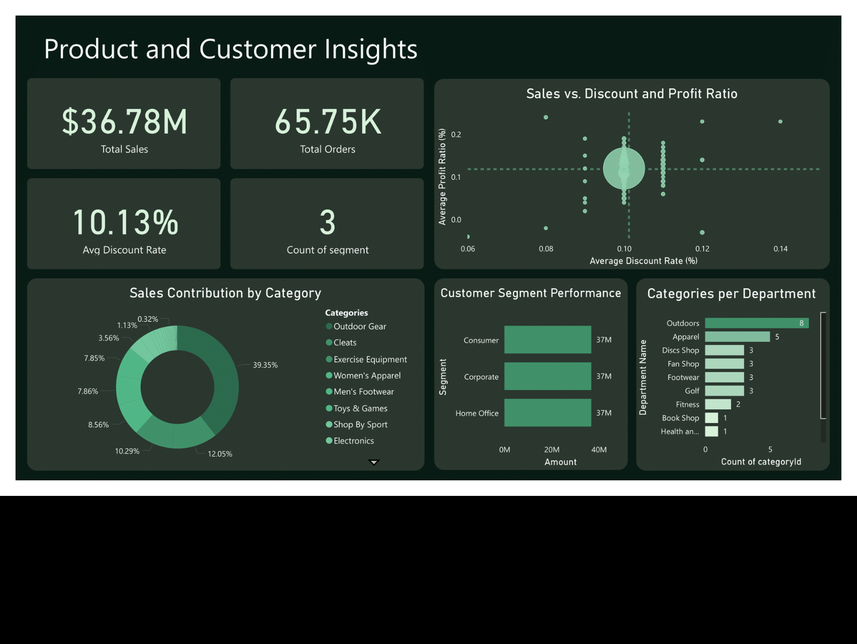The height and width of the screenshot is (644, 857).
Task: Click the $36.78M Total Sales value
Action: (125, 122)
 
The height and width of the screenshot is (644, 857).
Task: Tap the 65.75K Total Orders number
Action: (328, 122)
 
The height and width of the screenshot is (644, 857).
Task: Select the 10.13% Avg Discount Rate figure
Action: (125, 222)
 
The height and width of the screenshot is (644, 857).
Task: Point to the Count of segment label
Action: (328, 250)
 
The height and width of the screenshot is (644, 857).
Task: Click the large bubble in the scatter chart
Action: (624, 169)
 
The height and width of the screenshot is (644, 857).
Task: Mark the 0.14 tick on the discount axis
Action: (780, 249)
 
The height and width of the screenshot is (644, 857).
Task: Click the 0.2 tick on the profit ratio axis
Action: (456, 135)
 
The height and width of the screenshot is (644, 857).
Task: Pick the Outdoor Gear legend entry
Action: (359, 326)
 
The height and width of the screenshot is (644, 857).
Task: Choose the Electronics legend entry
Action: (353, 441)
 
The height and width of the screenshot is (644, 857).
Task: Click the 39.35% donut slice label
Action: (265, 365)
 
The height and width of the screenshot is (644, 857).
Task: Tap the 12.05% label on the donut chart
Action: (220, 454)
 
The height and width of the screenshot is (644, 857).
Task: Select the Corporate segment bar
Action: (547, 376)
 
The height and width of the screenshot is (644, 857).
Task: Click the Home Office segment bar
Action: (547, 413)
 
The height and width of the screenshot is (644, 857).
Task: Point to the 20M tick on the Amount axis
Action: (551, 450)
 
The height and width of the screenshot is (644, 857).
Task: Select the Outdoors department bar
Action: (756, 323)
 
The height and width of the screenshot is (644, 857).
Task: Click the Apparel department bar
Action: (737, 336)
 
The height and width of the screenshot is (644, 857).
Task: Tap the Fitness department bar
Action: (718, 404)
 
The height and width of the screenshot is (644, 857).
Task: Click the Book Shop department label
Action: (680, 418)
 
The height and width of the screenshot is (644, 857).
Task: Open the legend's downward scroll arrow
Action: (374, 462)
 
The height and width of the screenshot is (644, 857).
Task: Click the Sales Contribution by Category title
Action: (225, 293)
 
